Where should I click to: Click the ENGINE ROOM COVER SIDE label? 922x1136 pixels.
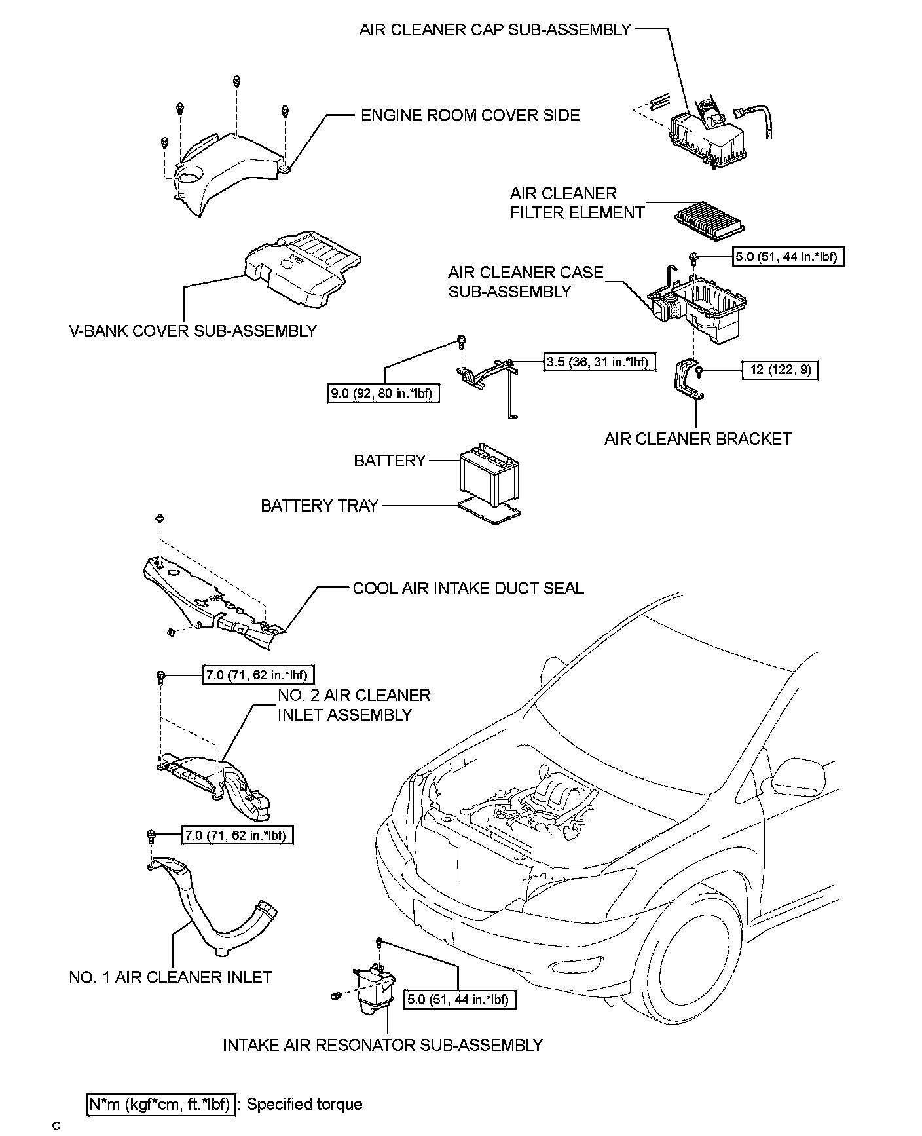[x=470, y=116]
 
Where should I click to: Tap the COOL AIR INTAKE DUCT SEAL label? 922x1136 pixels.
[x=468, y=588]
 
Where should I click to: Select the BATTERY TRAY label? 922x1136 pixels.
[x=320, y=506]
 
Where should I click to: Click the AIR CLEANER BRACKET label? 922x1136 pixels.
[x=697, y=438]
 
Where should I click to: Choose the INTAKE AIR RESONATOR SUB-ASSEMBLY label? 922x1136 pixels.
[x=382, y=1044]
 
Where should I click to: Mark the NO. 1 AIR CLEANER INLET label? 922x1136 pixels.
[x=170, y=977]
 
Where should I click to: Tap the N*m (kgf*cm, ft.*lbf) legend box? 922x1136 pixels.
[x=160, y=1104]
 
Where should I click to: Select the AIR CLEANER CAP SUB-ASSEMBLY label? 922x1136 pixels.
[x=495, y=29]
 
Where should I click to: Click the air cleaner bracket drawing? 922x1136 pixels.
[x=687, y=382]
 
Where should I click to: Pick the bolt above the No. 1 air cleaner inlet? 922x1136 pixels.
[x=151, y=835]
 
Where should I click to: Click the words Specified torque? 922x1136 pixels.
[x=304, y=1104]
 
